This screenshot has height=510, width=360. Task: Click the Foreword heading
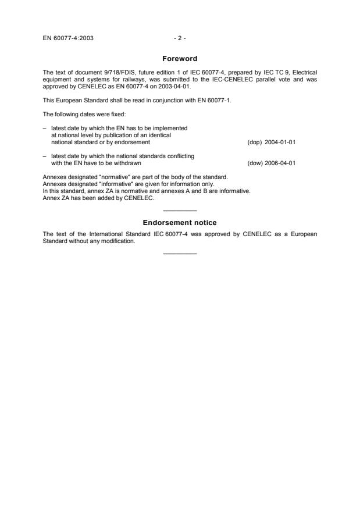pos(180,59)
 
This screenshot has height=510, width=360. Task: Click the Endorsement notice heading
pos(180,223)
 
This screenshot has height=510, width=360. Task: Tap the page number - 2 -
pos(180,38)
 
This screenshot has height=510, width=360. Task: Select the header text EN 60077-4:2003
pos(68,38)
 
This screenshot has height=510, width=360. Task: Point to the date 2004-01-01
pos(280,142)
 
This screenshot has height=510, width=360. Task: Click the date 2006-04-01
pos(280,163)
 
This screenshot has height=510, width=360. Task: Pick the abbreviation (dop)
pos(255,142)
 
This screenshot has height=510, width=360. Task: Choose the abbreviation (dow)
pos(255,163)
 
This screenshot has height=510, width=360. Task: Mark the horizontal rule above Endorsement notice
pos(180,211)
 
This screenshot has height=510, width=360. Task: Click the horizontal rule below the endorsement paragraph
pos(180,253)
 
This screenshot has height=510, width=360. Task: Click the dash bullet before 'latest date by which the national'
pos(45,156)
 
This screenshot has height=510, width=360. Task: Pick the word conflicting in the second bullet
pos(180,156)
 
